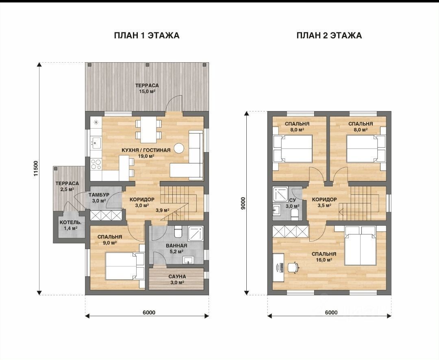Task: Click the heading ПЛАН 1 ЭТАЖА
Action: (147, 35)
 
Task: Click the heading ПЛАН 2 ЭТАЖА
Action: (329, 35)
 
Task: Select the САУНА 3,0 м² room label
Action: (177, 279)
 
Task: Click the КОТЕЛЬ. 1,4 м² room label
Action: (71, 225)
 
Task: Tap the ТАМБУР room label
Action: (99, 195)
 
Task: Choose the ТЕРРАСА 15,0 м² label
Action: (147, 88)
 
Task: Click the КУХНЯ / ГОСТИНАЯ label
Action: (146, 150)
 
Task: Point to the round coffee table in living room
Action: (179, 148)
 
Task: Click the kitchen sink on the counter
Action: (96, 143)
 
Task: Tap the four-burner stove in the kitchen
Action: (96, 164)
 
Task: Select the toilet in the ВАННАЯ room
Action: (178, 231)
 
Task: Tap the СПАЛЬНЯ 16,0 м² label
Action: (324, 257)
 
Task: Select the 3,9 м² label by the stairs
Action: (162, 210)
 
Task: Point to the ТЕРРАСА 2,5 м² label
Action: (67, 186)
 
